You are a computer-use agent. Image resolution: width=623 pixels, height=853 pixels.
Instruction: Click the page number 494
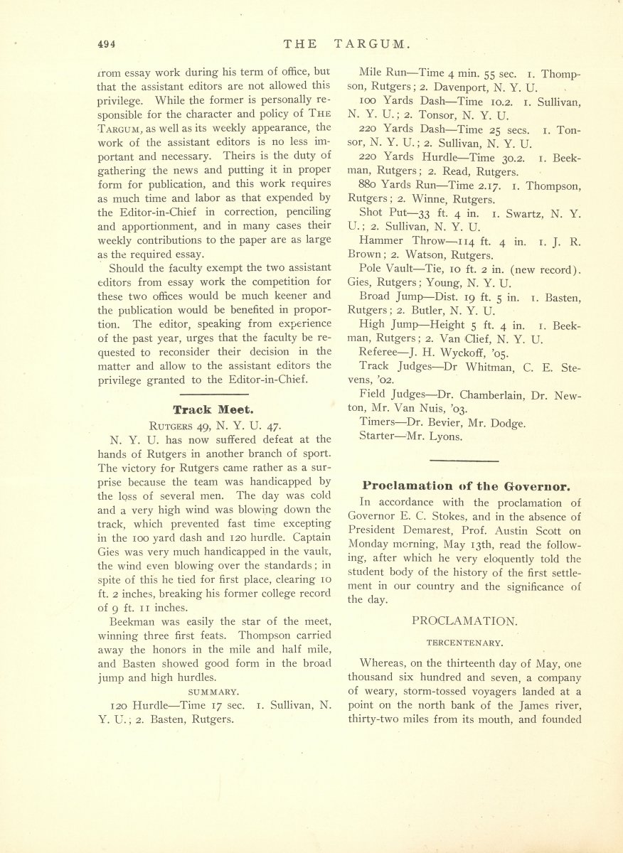[x=107, y=43]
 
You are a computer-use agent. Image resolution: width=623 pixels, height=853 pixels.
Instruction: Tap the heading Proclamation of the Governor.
[x=466, y=487]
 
